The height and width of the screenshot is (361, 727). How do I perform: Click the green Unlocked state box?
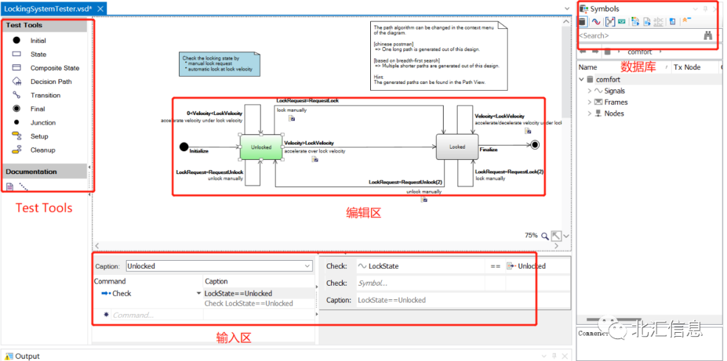[x=261, y=147]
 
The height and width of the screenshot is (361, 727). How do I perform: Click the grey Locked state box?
[x=457, y=147]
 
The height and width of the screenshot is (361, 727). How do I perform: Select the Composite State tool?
[x=55, y=68]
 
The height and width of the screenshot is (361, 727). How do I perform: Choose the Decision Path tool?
[x=50, y=81]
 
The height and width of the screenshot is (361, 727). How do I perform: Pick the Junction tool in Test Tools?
[x=42, y=122]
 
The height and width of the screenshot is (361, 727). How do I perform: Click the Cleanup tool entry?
[x=42, y=150]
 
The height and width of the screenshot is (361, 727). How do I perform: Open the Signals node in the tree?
[x=614, y=91]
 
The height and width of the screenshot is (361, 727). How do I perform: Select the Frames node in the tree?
[x=615, y=102]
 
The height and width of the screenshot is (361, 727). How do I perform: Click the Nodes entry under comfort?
[x=614, y=114]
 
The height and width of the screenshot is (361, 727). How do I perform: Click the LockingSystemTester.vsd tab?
[x=48, y=9]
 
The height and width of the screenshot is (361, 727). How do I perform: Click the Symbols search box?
[x=636, y=36]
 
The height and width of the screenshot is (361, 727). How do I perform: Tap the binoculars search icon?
[x=708, y=36]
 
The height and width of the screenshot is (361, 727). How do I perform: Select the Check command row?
[x=122, y=293]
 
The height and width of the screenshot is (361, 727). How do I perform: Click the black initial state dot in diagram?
[x=183, y=147]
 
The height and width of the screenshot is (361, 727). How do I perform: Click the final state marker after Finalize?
[x=534, y=145]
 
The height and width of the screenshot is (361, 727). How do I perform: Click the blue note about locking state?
[x=219, y=64]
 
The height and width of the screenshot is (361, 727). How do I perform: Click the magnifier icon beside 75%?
[x=545, y=236]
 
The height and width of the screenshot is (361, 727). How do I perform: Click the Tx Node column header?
[x=687, y=67]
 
